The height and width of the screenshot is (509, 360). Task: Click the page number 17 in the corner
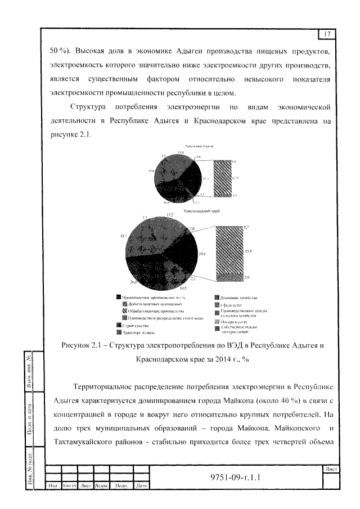coord(326,34)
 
